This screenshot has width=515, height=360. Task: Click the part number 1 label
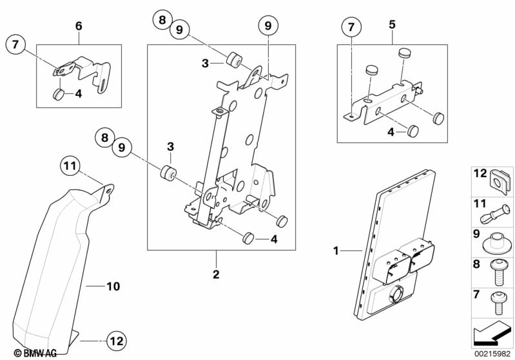click(x=336, y=251)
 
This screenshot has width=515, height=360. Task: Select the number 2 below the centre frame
click(x=216, y=274)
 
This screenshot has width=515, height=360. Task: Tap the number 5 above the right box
click(x=392, y=24)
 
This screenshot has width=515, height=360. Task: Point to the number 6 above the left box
click(x=79, y=26)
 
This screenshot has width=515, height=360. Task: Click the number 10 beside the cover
click(x=113, y=287)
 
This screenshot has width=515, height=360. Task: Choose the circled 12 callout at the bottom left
click(x=116, y=341)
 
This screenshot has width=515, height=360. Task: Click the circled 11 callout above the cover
click(x=70, y=166)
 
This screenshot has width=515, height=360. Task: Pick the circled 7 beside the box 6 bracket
click(x=15, y=44)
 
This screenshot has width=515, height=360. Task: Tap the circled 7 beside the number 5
click(x=351, y=26)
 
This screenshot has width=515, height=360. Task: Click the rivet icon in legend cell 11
click(x=495, y=215)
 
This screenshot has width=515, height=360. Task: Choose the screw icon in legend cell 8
click(x=498, y=272)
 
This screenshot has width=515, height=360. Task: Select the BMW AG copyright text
click(x=35, y=353)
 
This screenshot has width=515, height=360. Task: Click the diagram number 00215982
click(x=492, y=354)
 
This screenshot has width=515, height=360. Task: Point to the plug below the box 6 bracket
click(x=58, y=94)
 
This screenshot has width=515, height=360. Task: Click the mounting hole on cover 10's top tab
click(x=108, y=190)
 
